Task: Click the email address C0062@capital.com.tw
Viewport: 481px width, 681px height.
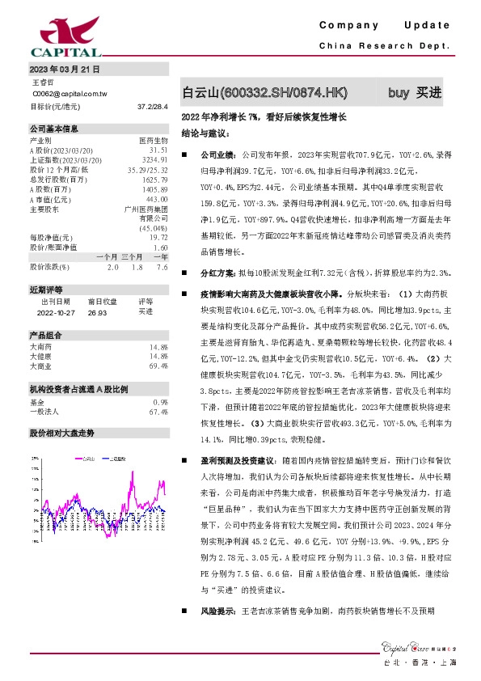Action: [70, 94]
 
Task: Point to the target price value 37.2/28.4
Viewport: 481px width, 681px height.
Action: [153, 106]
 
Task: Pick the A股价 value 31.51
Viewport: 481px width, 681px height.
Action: [158, 150]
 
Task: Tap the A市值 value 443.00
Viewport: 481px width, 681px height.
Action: [157, 198]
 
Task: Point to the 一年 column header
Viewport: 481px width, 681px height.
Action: [160, 256]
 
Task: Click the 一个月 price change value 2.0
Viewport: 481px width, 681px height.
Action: [112, 266]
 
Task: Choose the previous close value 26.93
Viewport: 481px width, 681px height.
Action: [97, 311]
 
